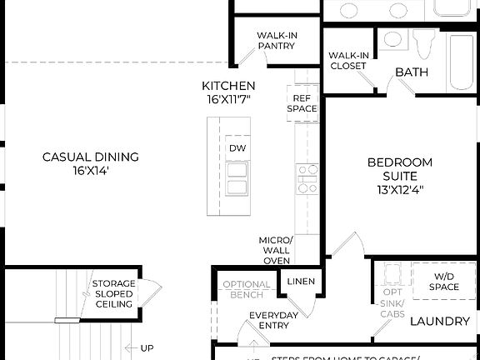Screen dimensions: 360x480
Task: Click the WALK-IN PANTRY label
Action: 276,41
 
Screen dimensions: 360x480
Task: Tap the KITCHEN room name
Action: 228,86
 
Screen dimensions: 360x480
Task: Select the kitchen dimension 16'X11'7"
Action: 228,100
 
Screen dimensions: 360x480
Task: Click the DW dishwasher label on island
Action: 237,148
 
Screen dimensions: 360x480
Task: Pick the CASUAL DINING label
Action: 91,157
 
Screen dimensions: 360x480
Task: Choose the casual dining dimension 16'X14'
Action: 91,171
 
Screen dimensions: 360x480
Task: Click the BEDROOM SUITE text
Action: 400,169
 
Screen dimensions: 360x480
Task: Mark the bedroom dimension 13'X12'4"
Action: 400,189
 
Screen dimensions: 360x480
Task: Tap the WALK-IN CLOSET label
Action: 348,61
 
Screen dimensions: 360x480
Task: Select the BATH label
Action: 412,72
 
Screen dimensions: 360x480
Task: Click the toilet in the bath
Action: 424,39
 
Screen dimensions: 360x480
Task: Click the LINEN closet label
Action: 301,282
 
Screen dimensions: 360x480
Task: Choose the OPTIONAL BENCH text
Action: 247,290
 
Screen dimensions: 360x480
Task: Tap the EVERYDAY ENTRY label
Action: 273,322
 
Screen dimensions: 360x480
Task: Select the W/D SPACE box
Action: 445,282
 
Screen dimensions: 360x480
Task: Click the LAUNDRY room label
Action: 442,321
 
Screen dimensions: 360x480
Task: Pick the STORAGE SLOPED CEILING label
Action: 113,294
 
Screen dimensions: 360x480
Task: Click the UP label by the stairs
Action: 147,348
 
